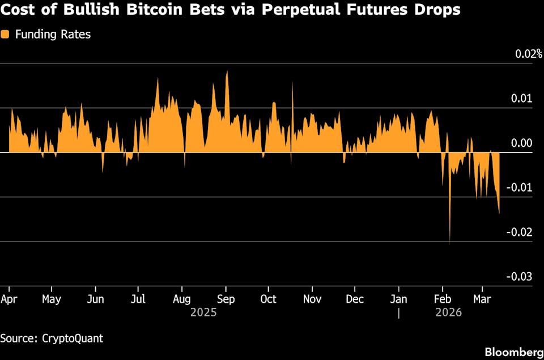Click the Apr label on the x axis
9,299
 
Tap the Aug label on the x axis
181,299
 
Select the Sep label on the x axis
226,299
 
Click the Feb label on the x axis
442,299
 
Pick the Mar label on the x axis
482,299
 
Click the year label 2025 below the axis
203,312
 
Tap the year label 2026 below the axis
448,312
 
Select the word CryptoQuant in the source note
73,338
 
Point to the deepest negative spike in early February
450,243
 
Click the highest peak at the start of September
227,72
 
